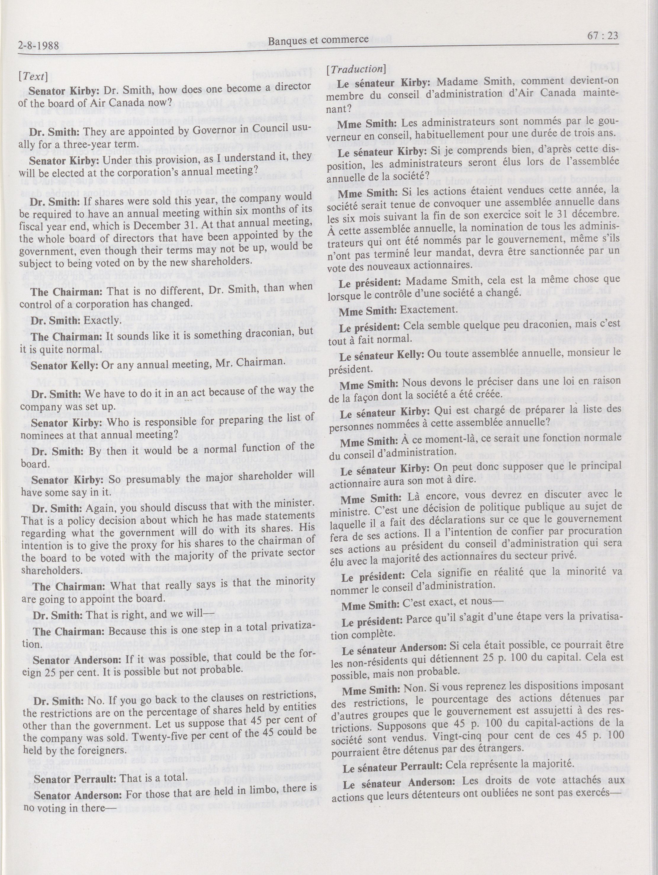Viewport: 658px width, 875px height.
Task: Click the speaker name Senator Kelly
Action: [x=65, y=365]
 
